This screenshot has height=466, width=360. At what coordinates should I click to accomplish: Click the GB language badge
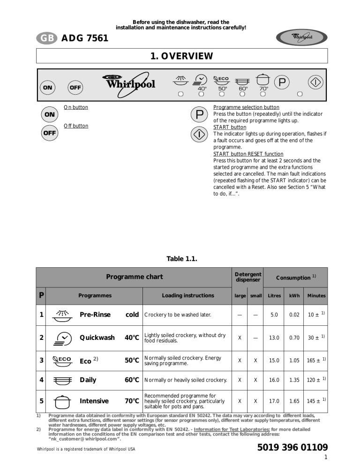(46, 38)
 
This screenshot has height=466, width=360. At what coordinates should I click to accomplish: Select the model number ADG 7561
(85, 38)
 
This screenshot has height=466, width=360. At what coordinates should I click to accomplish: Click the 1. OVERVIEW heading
(181, 56)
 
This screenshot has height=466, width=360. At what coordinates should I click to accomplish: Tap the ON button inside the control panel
(48, 87)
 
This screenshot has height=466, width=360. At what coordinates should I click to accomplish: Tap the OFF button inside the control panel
(75, 87)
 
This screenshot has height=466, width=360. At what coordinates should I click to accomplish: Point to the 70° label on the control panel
(263, 88)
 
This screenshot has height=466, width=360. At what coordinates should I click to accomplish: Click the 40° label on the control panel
(202, 88)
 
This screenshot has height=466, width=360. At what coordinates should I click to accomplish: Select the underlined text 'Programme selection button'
(246, 107)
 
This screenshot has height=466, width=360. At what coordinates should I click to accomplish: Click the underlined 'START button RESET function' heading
(248, 154)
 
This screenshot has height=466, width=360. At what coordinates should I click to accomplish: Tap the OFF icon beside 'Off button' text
(49, 133)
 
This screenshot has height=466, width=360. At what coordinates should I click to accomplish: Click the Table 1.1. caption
(181, 258)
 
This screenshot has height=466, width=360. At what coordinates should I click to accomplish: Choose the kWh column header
(294, 296)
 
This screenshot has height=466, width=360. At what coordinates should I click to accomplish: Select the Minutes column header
(316, 296)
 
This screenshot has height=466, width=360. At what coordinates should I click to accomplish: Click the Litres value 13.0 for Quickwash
(274, 338)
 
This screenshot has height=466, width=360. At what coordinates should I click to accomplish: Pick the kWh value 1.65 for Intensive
(294, 401)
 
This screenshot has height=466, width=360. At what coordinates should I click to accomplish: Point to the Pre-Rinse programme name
(95, 315)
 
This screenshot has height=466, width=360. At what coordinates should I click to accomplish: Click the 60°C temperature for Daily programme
(132, 380)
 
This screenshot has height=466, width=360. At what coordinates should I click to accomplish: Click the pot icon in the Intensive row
(62, 401)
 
